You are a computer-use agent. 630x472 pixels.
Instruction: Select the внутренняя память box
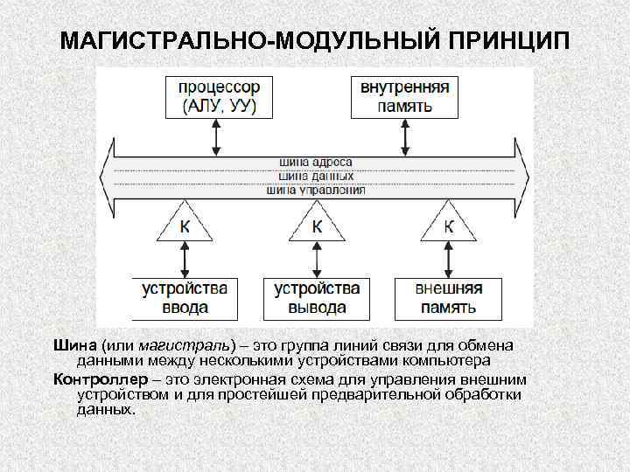(x=405, y=97)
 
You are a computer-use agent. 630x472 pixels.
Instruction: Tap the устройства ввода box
(x=184, y=297)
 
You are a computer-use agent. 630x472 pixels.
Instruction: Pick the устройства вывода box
(x=316, y=297)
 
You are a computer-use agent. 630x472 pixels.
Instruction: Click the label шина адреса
(x=316, y=162)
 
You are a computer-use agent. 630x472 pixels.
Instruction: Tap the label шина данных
(x=316, y=176)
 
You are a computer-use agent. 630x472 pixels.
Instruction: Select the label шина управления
(x=316, y=189)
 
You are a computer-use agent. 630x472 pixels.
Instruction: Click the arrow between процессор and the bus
(x=213, y=135)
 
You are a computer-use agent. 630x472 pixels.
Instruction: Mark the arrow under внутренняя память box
(x=405, y=135)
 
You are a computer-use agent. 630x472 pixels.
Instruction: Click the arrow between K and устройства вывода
(x=316, y=260)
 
